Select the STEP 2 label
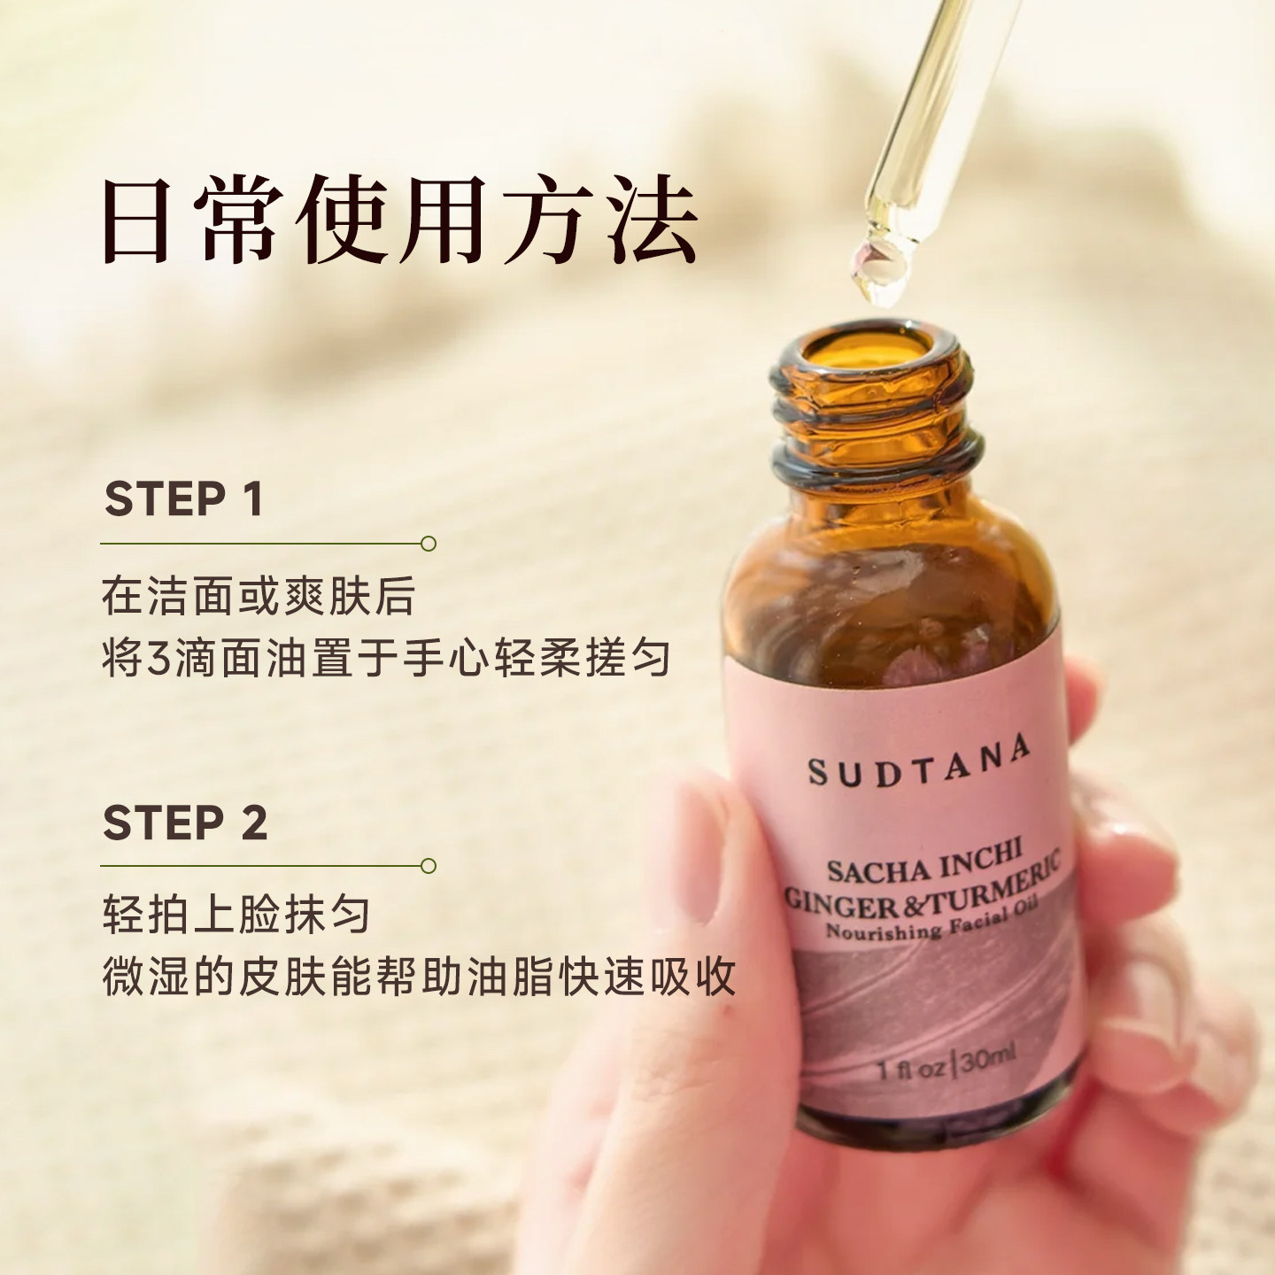(x=185, y=823)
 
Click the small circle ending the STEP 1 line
(x=429, y=543)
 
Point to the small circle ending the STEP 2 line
(x=429, y=865)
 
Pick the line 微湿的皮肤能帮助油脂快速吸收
(x=419, y=976)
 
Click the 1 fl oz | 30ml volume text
(x=946, y=1062)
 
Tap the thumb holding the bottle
(x=699, y=885)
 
